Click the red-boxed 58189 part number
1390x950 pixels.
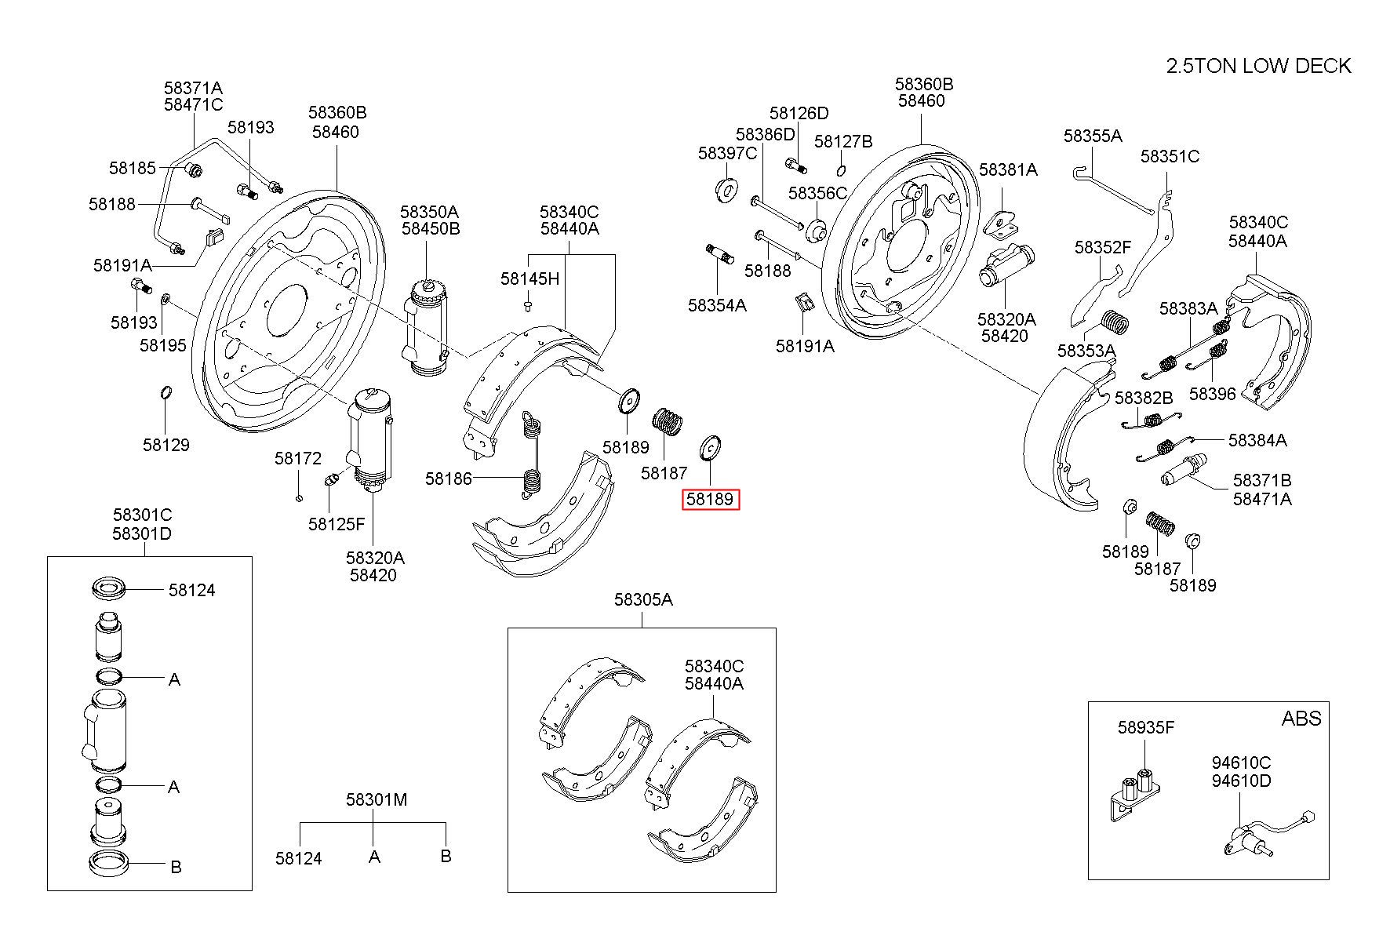[710, 499]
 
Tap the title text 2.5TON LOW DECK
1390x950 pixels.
[1259, 66]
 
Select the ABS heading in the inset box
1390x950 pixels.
[1301, 718]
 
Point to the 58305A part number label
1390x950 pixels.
[643, 599]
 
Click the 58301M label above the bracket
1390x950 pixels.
[377, 799]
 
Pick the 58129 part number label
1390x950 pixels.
[166, 445]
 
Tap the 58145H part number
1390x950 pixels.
[530, 278]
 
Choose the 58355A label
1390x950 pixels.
[1093, 136]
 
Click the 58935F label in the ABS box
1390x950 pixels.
[1146, 727]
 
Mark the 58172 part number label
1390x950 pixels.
[298, 458]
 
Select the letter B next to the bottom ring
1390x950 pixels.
[176, 867]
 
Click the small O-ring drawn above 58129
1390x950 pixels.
[166, 392]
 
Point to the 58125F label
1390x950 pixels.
[337, 523]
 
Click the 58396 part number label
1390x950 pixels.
[1212, 394]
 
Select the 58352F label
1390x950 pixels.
[1103, 247]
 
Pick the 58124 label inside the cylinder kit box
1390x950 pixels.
[192, 590]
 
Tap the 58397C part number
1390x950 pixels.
[728, 153]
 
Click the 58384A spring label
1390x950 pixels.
[1257, 440]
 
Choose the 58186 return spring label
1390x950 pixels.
[449, 478]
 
